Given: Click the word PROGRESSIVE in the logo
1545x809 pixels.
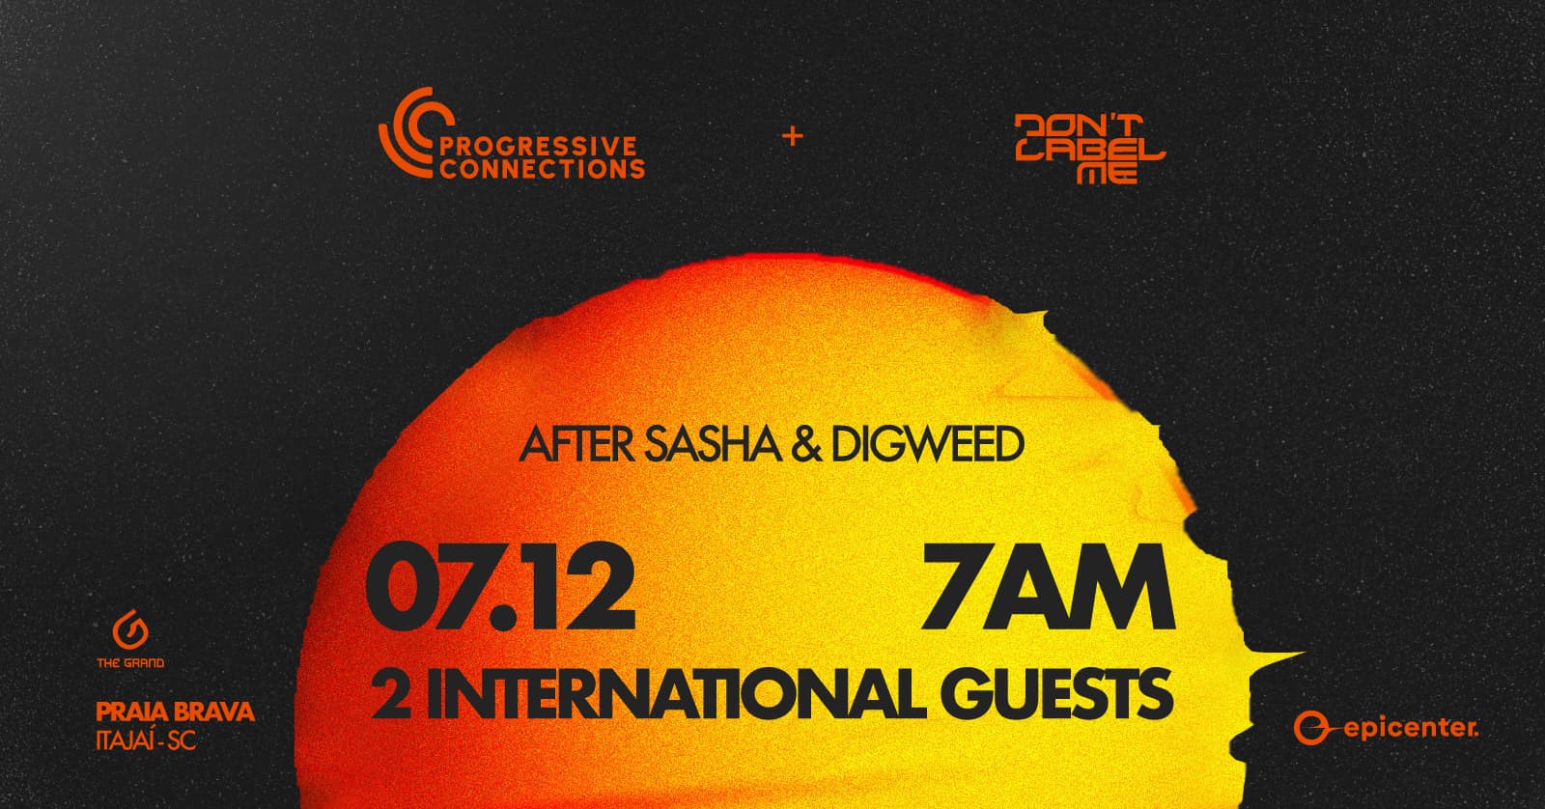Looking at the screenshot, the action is (538, 146).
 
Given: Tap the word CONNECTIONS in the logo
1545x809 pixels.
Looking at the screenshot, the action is (542, 169).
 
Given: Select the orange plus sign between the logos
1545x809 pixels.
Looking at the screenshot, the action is (793, 136).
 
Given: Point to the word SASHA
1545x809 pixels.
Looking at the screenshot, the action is (713, 445).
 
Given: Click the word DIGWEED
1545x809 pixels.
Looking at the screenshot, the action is (927, 445).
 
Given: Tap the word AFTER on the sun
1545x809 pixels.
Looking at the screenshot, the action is (576, 445).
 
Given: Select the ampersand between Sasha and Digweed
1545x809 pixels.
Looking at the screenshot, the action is (806, 445).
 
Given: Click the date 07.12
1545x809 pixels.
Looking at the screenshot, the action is (500, 587).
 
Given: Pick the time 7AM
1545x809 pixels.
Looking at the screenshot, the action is (1047, 588).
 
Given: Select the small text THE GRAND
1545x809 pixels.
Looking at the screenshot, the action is (130, 663).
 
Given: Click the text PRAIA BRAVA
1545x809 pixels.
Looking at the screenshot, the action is (175, 711).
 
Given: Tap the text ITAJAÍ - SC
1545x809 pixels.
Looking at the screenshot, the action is (146, 741).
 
